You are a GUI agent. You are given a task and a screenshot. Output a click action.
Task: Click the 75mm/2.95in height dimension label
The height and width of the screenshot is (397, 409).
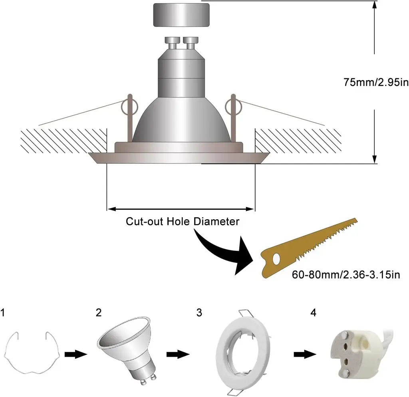click(x=375, y=82)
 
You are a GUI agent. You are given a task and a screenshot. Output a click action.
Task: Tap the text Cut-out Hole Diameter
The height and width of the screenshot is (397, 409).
click(x=183, y=221)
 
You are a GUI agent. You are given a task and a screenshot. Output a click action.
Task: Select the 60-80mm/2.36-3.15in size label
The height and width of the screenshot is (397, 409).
click(x=346, y=275)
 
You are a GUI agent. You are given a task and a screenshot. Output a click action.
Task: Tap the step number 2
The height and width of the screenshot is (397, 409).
click(x=98, y=312)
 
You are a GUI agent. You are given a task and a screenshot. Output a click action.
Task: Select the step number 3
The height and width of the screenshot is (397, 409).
click(x=199, y=312)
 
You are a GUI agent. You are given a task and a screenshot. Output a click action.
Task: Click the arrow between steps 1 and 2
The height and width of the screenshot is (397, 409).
click(x=75, y=354)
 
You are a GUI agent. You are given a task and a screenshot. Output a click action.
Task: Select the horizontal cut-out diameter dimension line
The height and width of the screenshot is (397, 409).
click(x=181, y=208)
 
